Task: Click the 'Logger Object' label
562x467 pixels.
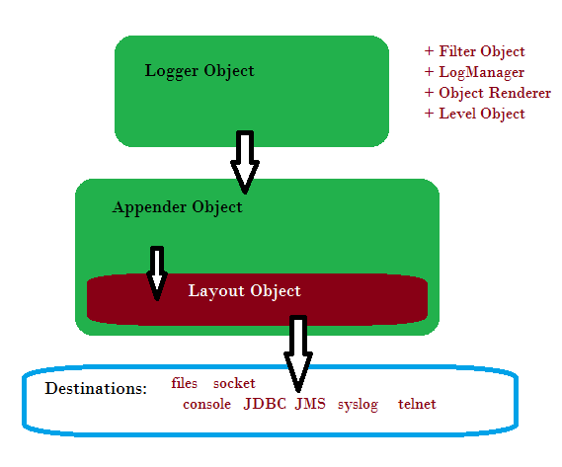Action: [x=200, y=71]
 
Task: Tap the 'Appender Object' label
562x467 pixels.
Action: [x=178, y=207]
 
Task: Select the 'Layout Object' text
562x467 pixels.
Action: [x=244, y=291]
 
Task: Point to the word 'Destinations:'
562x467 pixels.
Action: [x=96, y=388]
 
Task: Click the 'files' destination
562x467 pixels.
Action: [x=185, y=383]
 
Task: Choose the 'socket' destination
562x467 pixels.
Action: [x=234, y=383]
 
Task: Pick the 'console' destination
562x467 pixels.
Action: [x=206, y=404]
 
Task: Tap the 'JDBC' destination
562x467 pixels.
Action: [x=265, y=404]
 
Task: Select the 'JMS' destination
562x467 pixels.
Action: [x=310, y=404]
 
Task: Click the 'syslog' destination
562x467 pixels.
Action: [x=358, y=405]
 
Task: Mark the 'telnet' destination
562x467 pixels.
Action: [x=417, y=404]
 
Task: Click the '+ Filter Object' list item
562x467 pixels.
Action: [x=474, y=51]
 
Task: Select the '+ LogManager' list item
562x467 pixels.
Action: [x=474, y=72]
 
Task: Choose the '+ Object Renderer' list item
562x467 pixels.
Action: [x=488, y=93]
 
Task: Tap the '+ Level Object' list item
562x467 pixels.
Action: [x=474, y=114]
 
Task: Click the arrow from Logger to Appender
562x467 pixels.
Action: [x=245, y=162]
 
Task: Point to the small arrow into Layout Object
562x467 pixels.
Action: [x=157, y=273]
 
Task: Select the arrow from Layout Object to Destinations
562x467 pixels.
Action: [x=298, y=353]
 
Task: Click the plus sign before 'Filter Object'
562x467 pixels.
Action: [x=429, y=51]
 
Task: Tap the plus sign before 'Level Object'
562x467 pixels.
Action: [x=429, y=114]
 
